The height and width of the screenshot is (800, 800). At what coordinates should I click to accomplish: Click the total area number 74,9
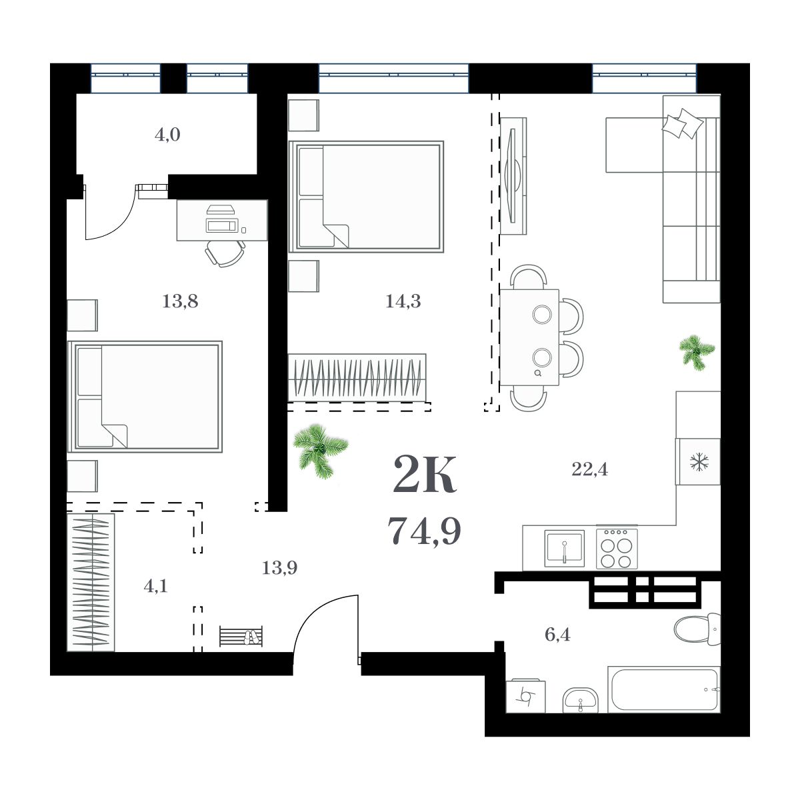(x=424, y=531)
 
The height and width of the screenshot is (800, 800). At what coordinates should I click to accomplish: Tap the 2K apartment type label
(x=424, y=475)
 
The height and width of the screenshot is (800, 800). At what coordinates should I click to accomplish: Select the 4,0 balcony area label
(x=167, y=135)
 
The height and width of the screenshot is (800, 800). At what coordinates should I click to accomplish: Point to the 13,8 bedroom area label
(x=180, y=301)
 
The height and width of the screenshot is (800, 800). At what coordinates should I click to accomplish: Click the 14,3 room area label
(x=403, y=301)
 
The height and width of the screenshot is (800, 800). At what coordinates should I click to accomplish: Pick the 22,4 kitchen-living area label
(x=589, y=469)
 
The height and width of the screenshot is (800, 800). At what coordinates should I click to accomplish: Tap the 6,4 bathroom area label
(x=557, y=634)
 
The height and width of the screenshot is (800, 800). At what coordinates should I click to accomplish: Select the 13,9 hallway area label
(x=279, y=568)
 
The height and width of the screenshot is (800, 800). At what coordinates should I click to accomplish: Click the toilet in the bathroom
(x=695, y=629)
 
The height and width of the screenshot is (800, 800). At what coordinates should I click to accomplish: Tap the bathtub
(x=664, y=689)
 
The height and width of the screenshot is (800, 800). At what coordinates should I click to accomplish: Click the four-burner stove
(x=617, y=548)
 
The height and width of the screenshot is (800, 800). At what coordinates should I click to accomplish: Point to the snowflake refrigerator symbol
(x=698, y=461)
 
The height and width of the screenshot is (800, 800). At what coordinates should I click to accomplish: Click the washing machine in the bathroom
(x=525, y=697)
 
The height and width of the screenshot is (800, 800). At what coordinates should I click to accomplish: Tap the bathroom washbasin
(x=581, y=701)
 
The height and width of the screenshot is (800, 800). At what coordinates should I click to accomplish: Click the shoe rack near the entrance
(x=241, y=636)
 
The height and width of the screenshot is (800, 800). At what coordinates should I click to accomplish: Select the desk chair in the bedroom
(x=224, y=253)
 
